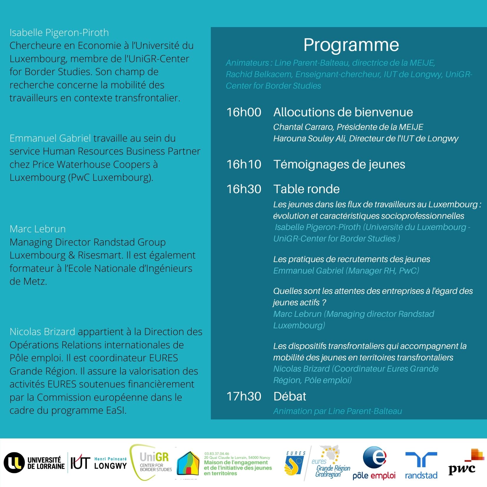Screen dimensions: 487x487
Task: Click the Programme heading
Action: (x=351, y=45)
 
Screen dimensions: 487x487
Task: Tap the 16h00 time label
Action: (x=243, y=112)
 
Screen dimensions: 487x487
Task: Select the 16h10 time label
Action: (x=243, y=165)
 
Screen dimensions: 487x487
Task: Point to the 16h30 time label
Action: (x=243, y=189)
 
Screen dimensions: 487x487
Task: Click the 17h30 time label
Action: (x=243, y=397)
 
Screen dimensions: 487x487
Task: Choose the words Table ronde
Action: (x=306, y=189)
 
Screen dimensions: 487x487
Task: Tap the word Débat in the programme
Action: (x=290, y=397)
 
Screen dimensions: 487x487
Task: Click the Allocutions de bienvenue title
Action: (x=343, y=112)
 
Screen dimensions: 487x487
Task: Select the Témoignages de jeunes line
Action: (x=339, y=165)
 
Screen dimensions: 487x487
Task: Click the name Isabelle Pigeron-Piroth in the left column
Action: (x=59, y=33)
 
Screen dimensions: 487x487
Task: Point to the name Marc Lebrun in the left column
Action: (x=38, y=229)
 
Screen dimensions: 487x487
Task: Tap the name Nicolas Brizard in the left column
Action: (x=42, y=332)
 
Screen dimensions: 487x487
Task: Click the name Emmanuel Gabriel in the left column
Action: (x=50, y=138)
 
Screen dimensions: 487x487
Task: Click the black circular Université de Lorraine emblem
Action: (x=14, y=463)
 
